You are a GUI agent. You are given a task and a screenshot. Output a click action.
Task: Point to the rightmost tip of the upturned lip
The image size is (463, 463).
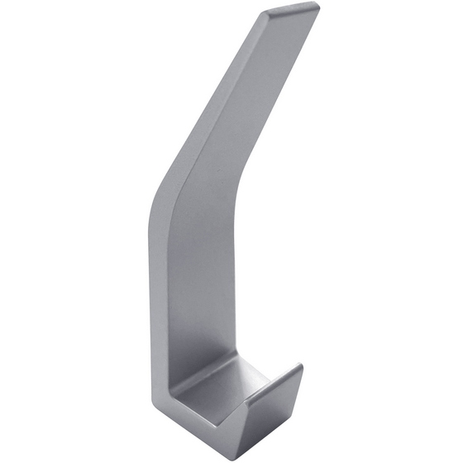pos(303,366)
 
